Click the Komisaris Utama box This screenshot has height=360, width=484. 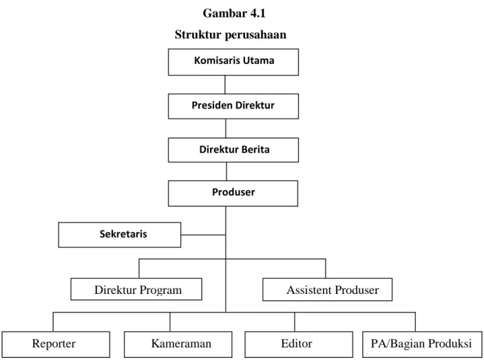click(233, 62)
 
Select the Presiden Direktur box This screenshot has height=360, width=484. click(233, 107)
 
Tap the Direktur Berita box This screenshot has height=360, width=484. click(233, 150)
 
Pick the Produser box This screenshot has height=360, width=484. click(233, 193)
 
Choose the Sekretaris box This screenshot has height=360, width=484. click(120, 235)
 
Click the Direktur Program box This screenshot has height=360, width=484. click(136, 289)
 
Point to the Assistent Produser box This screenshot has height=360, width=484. click(328, 289)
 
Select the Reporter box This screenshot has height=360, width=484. click(56, 344)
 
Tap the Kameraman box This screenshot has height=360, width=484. click(178, 344)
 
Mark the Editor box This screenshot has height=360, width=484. click(299, 344)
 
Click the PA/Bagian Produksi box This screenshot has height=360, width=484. click(422, 344)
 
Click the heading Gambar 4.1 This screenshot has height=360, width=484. click(234, 13)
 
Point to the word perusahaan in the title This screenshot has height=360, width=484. click(255, 35)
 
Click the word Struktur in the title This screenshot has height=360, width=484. click(198, 34)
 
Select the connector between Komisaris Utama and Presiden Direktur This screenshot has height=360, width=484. click(224, 85)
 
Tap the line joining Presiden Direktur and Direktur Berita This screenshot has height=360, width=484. click(226, 128)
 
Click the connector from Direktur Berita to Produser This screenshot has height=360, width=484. click(227, 171)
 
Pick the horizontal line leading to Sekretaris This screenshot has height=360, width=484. click(203, 235)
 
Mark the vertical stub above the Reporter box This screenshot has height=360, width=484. click(53, 321)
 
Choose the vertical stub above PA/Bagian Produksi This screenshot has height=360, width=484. click(415, 321)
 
